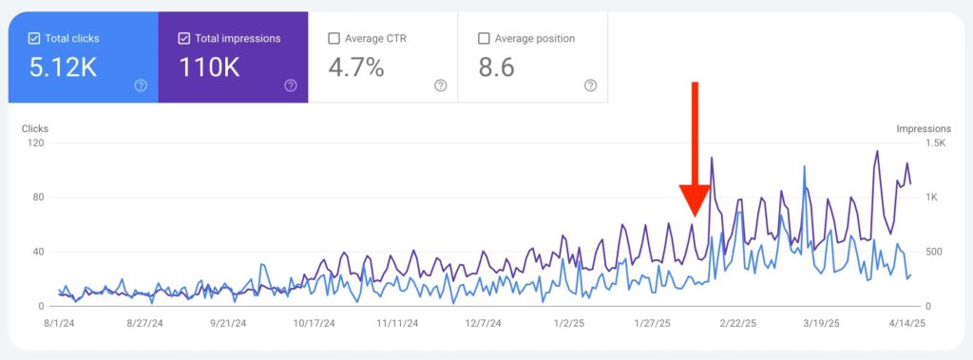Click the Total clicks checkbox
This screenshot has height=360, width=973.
(x=34, y=39)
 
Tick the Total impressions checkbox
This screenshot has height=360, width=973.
(x=184, y=39)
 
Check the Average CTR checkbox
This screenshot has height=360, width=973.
(x=334, y=39)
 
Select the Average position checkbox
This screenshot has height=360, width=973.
(x=484, y=39)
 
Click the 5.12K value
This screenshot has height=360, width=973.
(x=64, y=67)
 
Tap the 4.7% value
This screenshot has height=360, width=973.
(x=355, y=67)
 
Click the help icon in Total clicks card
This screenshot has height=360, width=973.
(x=141, y=85)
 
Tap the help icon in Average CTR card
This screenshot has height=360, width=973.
(x=440, y=85)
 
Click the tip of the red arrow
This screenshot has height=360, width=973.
(x=695, y=214)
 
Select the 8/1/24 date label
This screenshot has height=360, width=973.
(x=60, y=323)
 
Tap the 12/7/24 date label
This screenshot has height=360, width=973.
(x=484, y=323)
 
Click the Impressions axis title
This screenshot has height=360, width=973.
(x=923, y=128)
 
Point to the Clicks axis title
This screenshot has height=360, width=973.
(x=35, y=128)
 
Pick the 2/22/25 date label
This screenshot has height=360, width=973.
(x=737, y=323)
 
